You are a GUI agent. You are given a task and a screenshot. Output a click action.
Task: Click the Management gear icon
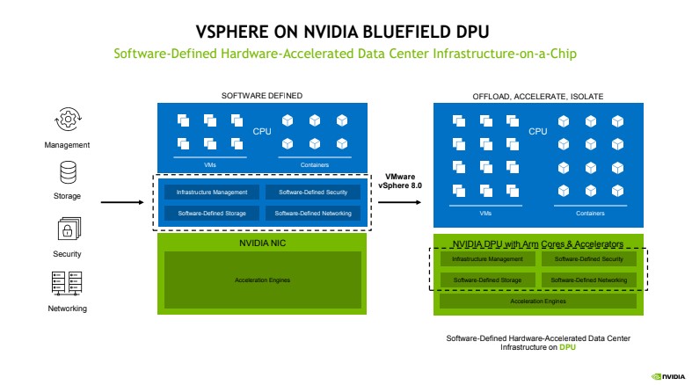point(68,119)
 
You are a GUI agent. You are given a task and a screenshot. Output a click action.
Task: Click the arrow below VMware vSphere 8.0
point(401,202)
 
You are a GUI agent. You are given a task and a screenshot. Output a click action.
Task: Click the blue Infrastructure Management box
point(212,192)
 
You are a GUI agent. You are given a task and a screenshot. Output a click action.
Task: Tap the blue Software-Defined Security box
point(313,192)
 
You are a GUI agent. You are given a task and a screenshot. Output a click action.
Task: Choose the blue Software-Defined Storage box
point(212,213)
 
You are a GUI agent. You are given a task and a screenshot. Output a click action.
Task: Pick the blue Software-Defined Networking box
point(313,213)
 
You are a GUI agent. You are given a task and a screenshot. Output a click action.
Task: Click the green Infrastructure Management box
point(487,259)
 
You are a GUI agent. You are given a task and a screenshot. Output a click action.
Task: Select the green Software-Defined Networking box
point(590,280)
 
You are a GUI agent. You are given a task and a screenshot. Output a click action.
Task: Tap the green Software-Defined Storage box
point(487,280)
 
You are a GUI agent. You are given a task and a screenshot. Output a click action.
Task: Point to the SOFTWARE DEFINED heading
point(261,95)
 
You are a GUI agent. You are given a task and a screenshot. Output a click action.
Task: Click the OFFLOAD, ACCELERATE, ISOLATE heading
point(538,95)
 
